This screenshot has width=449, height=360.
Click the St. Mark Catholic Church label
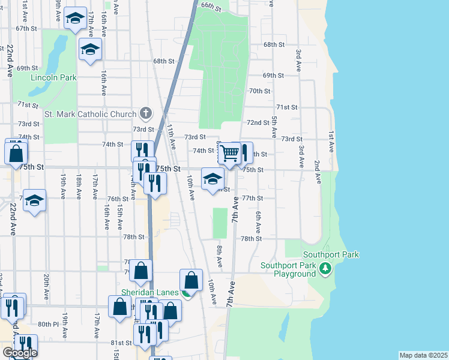91,113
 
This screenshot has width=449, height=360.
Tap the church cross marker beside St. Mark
145,112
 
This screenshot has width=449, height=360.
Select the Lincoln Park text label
54,77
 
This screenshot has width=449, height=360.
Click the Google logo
20,352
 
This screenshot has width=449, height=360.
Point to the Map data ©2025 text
423,355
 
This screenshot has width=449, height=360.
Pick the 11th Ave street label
172,137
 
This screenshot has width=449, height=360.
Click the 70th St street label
259,91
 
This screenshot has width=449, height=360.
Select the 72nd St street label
259,122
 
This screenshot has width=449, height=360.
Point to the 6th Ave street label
259,222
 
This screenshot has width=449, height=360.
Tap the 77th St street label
253,198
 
